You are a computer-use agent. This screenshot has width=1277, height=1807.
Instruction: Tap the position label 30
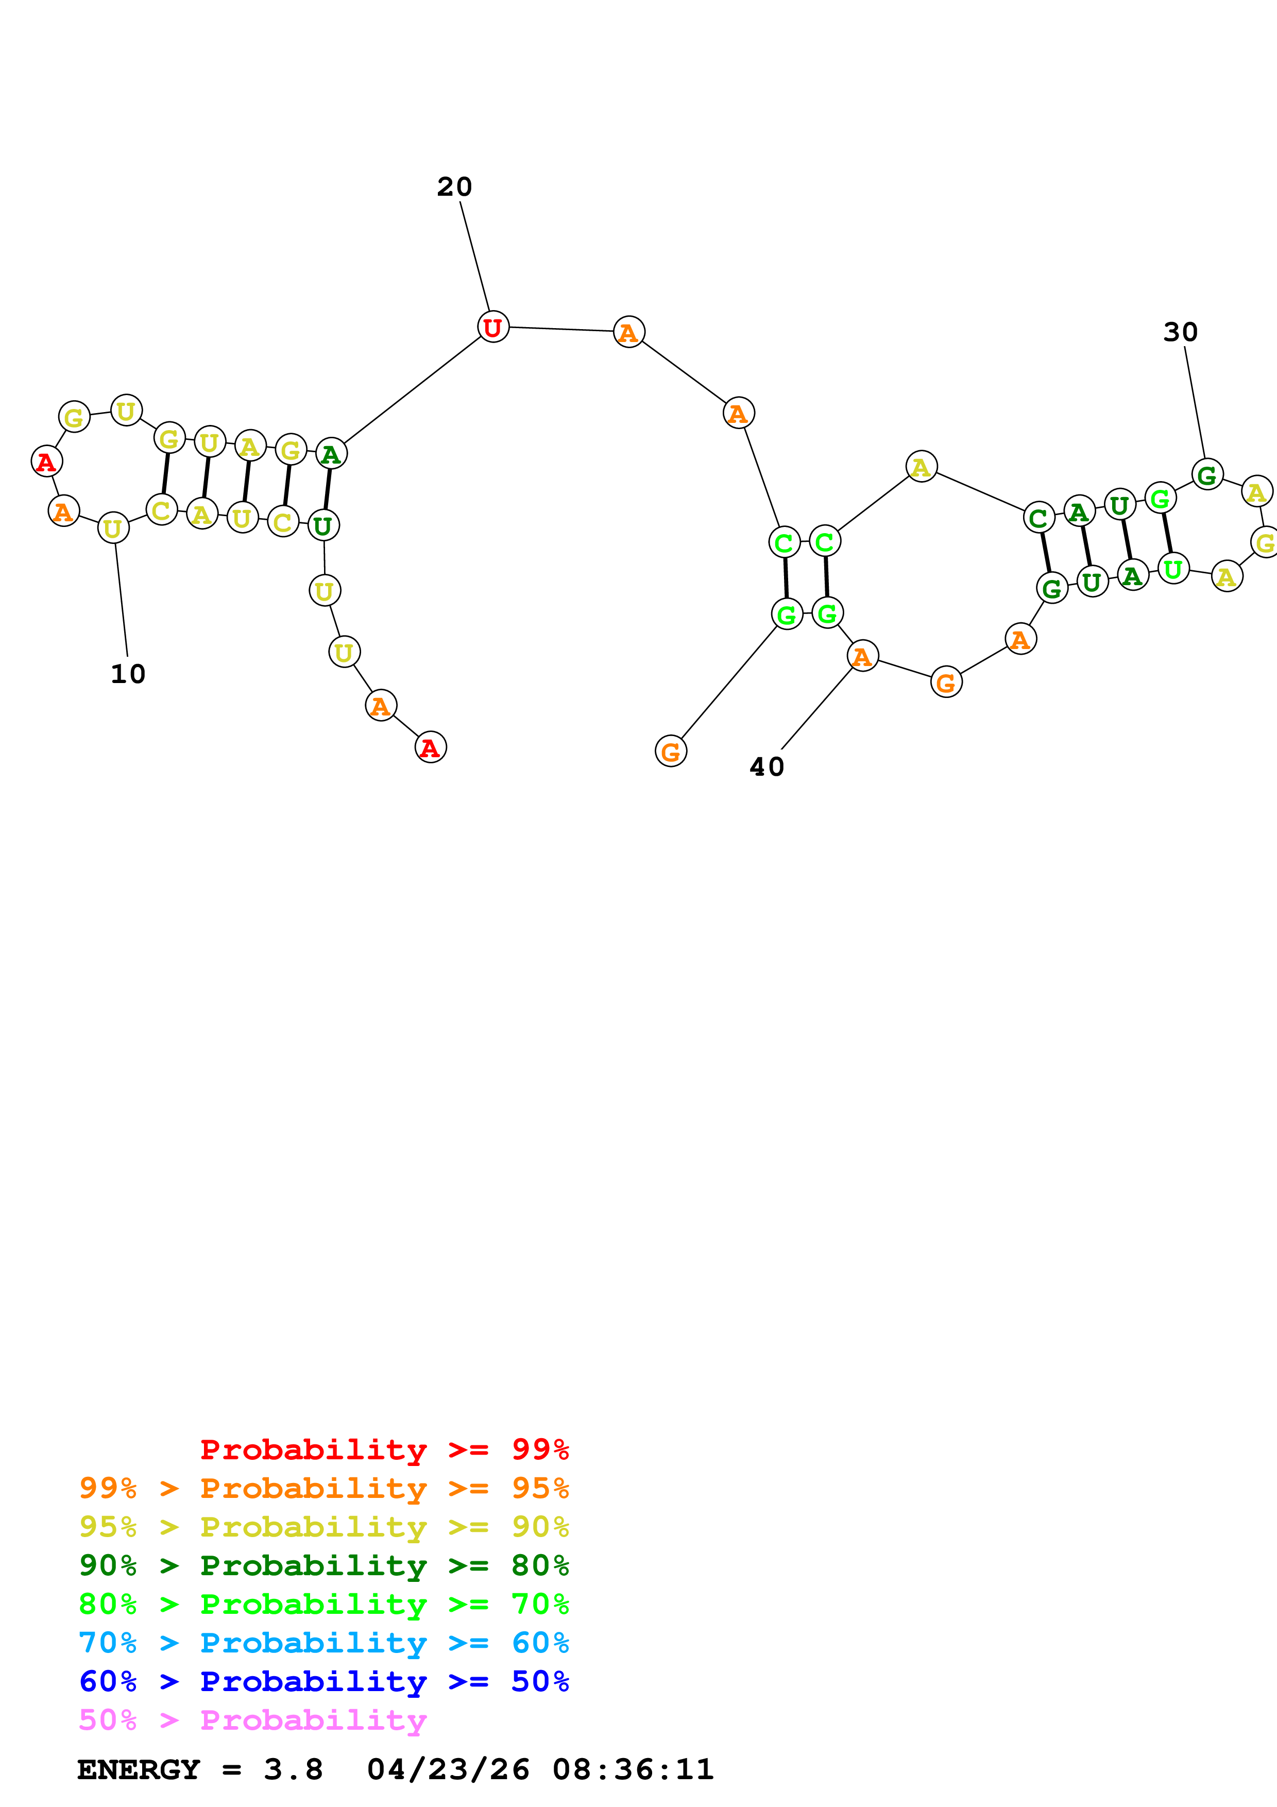(1180, 332)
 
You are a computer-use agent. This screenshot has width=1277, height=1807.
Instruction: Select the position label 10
(127, 674)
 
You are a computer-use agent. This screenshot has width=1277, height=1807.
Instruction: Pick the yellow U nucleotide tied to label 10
(113, 528)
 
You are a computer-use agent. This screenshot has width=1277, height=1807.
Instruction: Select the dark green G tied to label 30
(1207, 474)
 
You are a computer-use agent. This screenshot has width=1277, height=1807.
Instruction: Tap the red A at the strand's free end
(430, 747)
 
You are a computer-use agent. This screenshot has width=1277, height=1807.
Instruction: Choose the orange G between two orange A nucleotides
(946, 683)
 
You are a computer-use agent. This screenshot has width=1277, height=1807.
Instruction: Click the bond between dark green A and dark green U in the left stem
(327, 489)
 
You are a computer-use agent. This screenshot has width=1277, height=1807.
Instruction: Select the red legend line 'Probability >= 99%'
(384, 1450)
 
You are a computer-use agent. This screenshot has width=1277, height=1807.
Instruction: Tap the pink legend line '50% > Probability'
(252, 1720)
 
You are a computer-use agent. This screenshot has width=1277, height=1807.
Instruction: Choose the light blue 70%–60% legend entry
(323, 1643)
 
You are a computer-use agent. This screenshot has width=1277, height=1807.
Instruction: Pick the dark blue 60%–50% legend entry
(323, 1681)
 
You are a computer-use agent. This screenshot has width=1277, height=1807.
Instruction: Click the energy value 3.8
(293, 1770)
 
